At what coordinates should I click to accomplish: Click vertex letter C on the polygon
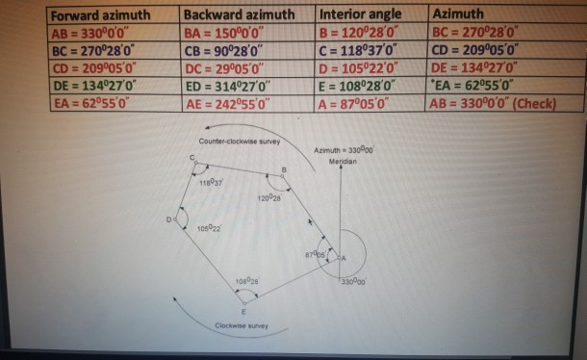point(191,157)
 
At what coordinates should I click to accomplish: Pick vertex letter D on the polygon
point(168,220)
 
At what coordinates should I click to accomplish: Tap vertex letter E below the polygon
point(243,312)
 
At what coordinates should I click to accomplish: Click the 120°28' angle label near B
point(268,197)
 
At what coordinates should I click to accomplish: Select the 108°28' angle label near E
point(245,281)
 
